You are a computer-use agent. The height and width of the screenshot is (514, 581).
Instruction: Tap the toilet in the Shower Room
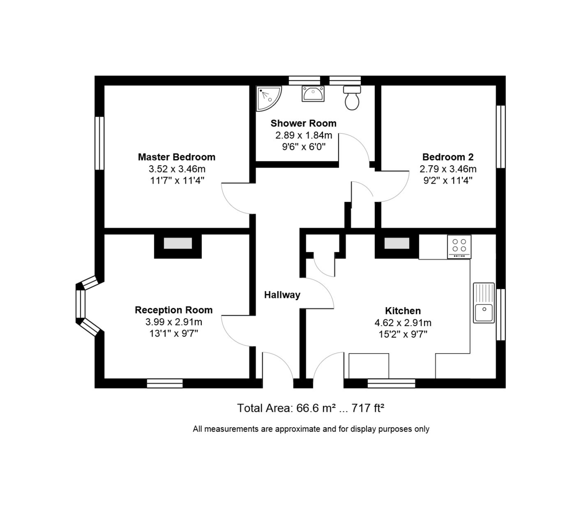[x=352, y=98]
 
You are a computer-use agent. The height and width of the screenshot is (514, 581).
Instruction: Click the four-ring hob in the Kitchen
[x=459, y=247]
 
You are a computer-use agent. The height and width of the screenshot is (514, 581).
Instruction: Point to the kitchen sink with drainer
[x=484, y=303]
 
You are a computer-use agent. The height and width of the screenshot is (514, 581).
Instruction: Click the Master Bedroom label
[x=176, y=157]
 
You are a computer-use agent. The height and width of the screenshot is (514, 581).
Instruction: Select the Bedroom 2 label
[x=448, y=157]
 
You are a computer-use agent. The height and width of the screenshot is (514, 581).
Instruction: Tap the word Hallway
[x=282, y=295]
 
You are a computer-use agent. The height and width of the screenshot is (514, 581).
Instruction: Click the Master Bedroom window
[x=99, y=143]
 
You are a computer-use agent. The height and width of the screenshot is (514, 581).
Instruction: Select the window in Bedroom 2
[x=501, y=137]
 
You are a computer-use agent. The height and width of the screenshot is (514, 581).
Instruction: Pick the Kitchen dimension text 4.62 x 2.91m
[x=403, y=323]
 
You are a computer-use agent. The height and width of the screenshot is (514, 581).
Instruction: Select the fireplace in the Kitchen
[x=396, y=244]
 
